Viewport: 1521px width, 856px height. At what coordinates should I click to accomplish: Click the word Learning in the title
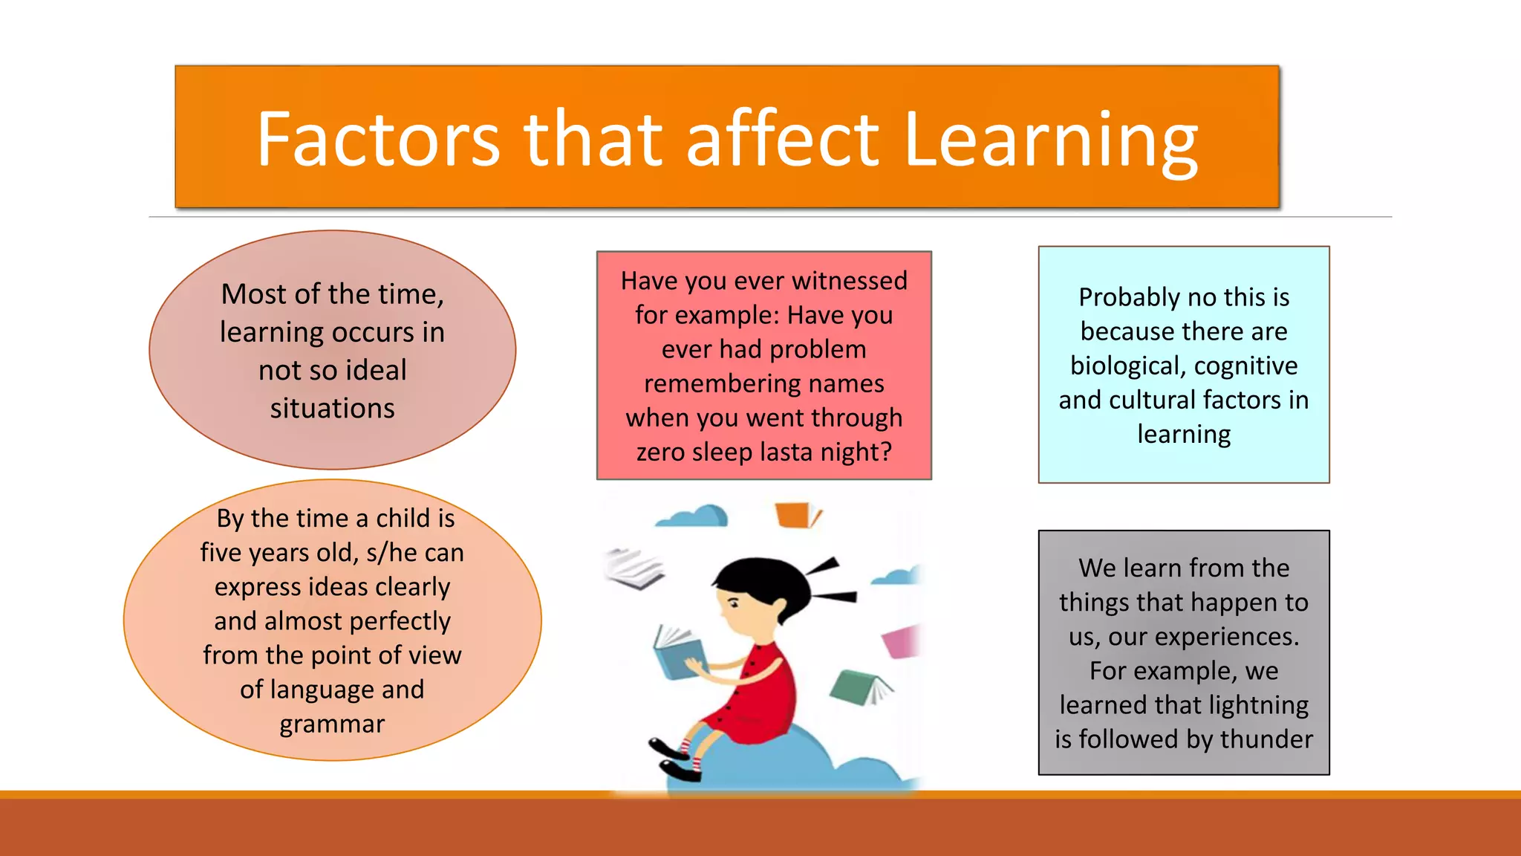point(1051,140)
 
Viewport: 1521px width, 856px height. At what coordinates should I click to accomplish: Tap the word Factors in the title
point(378,140)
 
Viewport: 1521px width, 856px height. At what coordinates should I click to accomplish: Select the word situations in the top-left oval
point(332,409)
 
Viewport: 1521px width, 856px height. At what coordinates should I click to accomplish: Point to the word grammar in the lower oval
point(332,724)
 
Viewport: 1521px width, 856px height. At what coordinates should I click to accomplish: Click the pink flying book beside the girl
point(902,641)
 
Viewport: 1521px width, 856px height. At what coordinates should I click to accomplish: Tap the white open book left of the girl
point(634,568)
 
